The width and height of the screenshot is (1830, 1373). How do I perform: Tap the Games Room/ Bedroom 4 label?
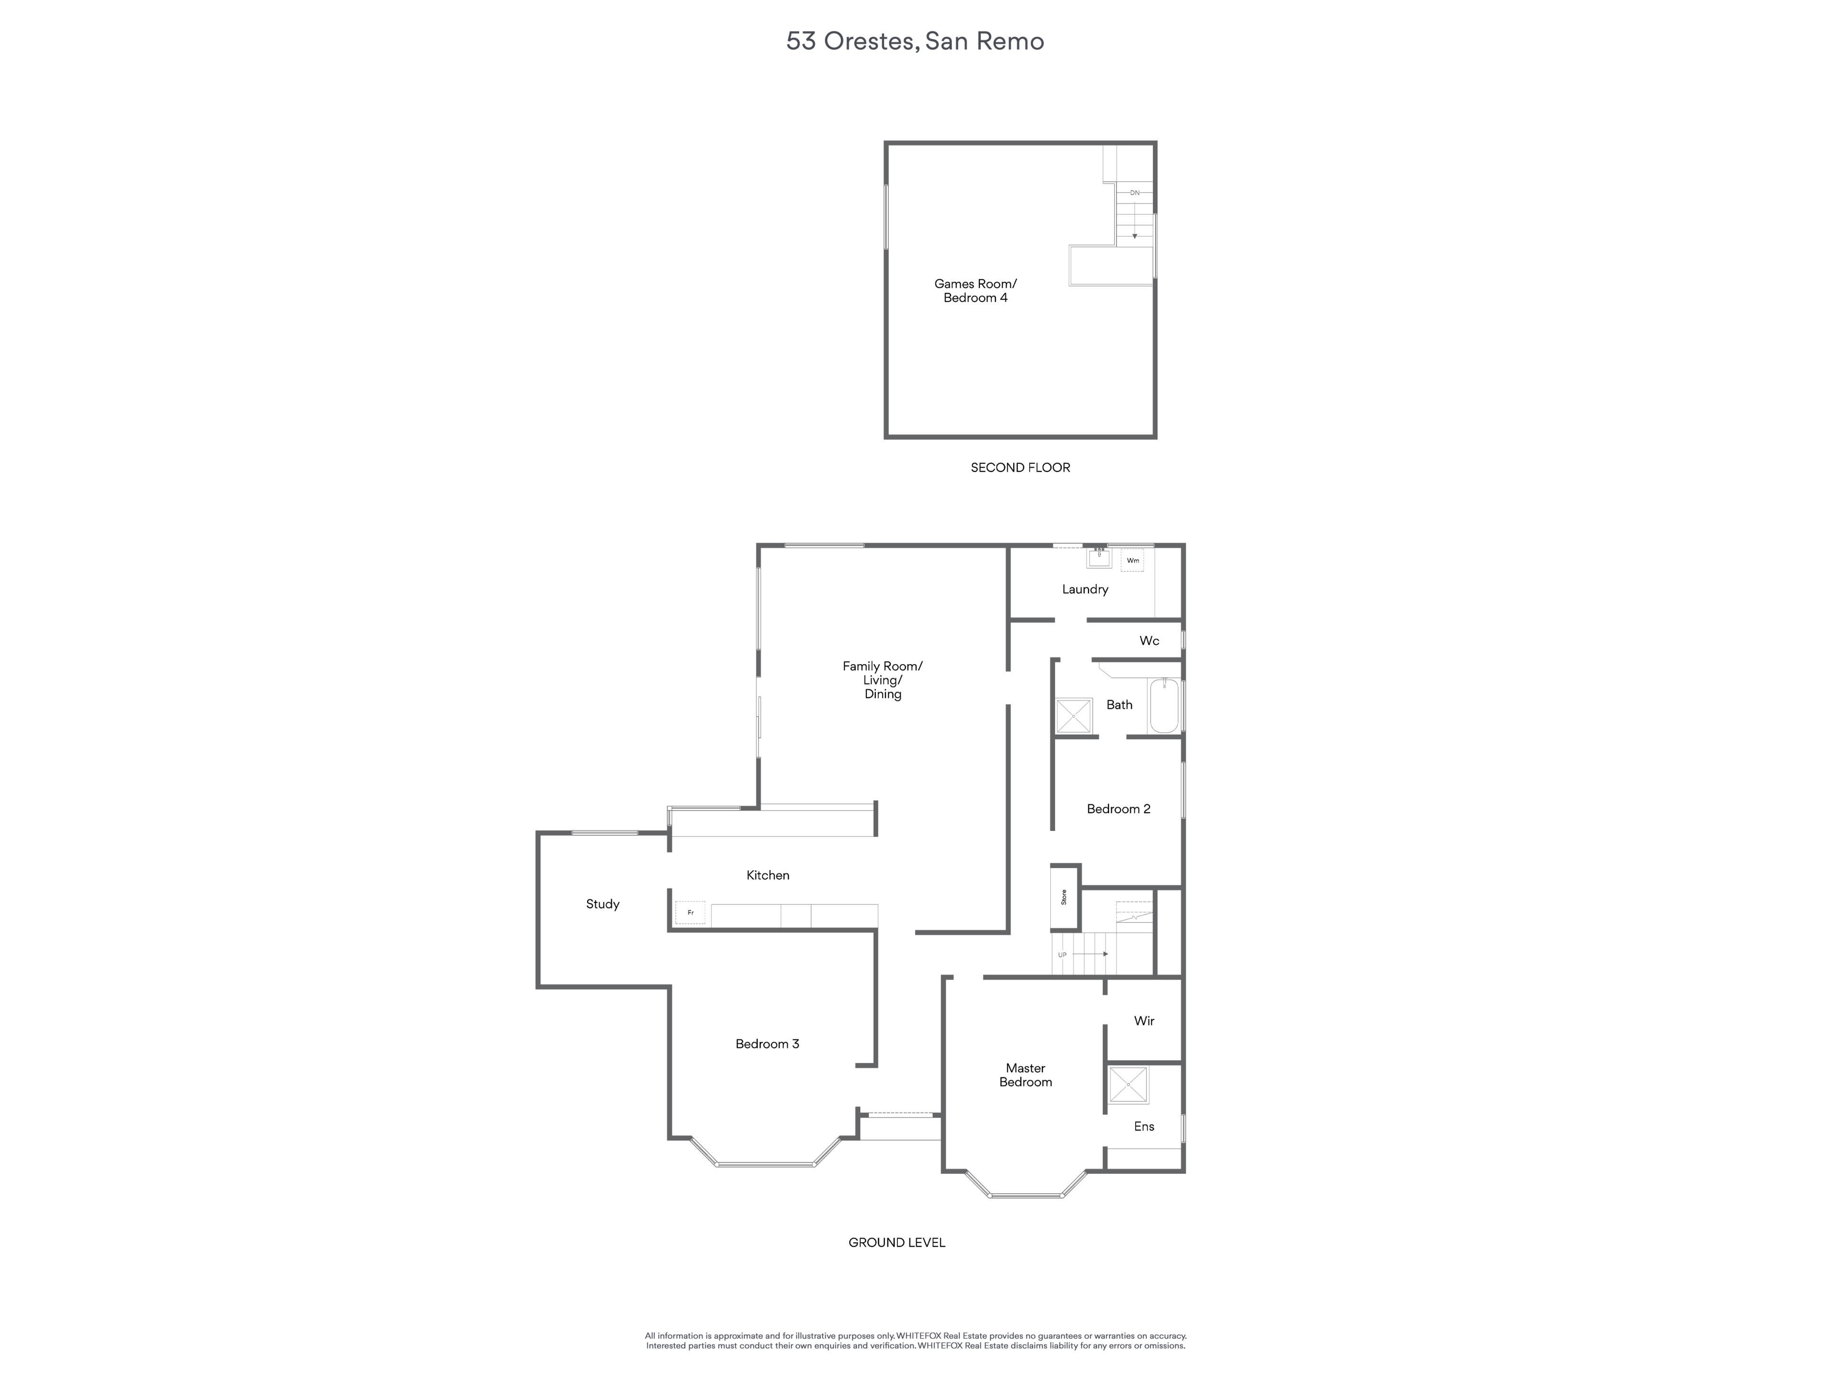tap(976, 290)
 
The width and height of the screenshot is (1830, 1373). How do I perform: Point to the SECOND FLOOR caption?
tap(1020, 468)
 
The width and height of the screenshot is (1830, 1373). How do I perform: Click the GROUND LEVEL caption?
tap(897, 1242)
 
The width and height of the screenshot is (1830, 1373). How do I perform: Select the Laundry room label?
tap(1085, 589)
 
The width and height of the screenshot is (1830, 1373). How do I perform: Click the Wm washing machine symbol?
tap(1133, 560)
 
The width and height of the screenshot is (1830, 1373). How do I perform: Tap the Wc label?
tap(1149, 641)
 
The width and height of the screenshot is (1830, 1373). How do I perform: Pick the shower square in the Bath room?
tap(1074, 716)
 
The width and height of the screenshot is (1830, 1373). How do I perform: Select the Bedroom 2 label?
tap(1118, 809)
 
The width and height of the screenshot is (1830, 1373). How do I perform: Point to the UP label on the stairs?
tap(1062, 955)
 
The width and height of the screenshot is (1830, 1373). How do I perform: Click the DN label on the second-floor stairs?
tap(1135, 193)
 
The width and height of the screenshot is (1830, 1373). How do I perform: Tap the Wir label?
tap(1144, 1020)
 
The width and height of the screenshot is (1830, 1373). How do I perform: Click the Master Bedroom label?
tap(1026, 1075)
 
